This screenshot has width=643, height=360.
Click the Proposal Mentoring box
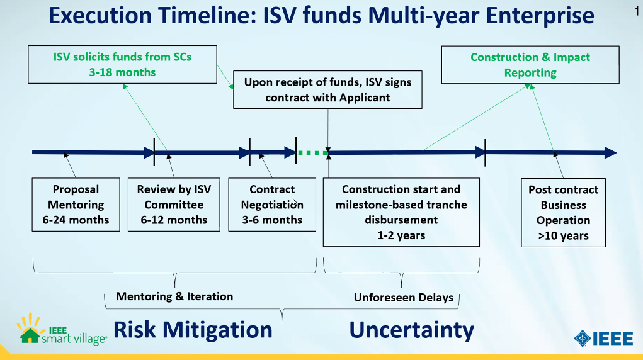[x=76, y=205]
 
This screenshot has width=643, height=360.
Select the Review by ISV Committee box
[x=174, y=205]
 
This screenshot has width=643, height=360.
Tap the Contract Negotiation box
[x=272, y=205]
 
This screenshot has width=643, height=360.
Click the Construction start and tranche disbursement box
[x=401, y=212]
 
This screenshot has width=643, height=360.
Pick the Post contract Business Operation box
[x=564, y=213]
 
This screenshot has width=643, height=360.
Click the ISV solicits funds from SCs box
[x=123, y=64]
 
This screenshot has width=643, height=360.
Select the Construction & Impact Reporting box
[x=530, y=65]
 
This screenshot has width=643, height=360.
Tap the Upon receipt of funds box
[x=327, y=90]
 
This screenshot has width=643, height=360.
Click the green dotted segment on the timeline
[x=312, y=153]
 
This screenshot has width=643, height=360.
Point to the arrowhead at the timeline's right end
[x=611, y=153]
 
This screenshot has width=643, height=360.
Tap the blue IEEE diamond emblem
[x=583, y=339]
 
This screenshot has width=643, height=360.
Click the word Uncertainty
[x=412, y=330]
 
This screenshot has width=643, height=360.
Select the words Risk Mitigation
[x=193, y=330]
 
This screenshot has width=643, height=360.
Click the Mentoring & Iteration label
[x=174, y=296]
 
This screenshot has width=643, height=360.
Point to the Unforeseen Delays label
[x=404, y=297]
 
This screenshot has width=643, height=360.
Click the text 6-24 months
[x=76, y=220]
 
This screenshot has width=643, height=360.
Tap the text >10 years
[x=564, y=236]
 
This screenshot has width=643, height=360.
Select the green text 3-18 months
[x=123, y=72]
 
